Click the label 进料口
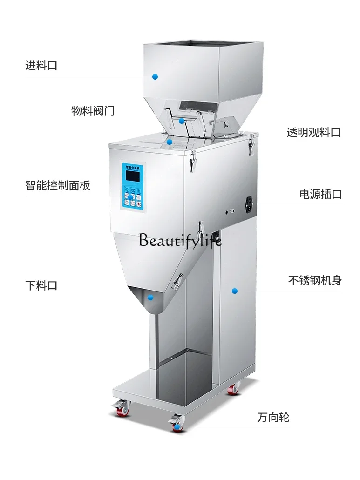(41, 65)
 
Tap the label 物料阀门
(93, 111)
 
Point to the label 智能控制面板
(58, 185)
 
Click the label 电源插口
(320, 194)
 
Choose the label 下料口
(41, 285)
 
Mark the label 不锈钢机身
(315, 281)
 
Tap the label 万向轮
(273, 418)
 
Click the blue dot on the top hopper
(156, 77)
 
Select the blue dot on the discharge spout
(150, 297)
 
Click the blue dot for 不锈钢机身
(235, 291)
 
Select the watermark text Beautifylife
(181, 240)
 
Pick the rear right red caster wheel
(233, 389)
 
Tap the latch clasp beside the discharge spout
(177, 281)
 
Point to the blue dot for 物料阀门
(182, 121)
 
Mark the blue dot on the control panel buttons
(126, 197)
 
